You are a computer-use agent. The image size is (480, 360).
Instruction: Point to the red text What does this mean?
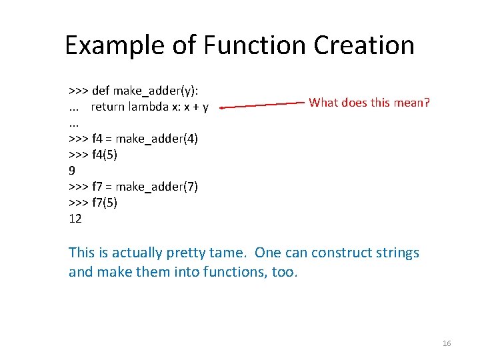pos(369,103)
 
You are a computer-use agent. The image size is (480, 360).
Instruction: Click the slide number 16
pos(447,343)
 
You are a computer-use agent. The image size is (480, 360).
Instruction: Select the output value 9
pos(72,171)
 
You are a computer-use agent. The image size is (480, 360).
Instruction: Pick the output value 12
pos(75,219)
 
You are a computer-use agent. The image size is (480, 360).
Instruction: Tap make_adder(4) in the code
pos(157,139)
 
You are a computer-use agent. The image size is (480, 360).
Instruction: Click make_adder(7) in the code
pos(157,187)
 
